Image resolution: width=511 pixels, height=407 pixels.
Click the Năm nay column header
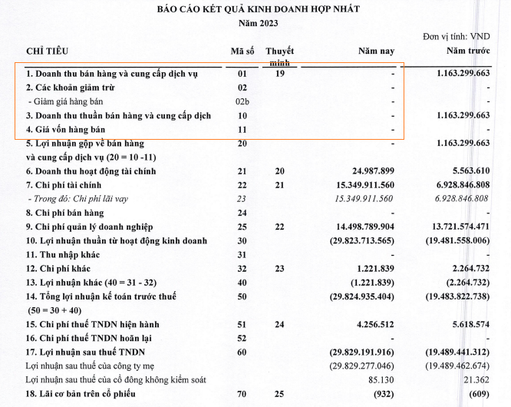(376, 51)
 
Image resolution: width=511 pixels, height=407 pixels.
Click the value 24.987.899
(367, 171)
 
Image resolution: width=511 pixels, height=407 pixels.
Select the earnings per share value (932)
(381, 394)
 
